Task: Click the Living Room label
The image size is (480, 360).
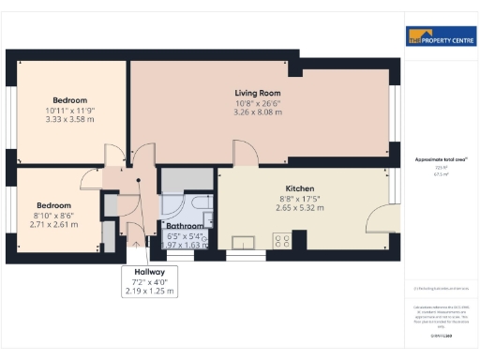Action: pyautogui.click(x=258, y=93)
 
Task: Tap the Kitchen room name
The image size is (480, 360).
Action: pyautogui.click(x=299, y=188)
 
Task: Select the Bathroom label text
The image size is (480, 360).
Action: pyautogui.click(x=185, y=226)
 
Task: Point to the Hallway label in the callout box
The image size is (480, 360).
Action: pyautogui.click(x=150, y=272)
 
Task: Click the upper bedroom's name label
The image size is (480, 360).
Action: pyautogui.click(x=69, y=100)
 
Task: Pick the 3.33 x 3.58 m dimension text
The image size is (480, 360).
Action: pyautogui.click(x=69, y=120)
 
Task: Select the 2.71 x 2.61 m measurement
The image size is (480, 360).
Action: pyautogui.click(x=52, y=225)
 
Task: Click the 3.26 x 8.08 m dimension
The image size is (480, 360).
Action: pyautogui.click(x=258, y=112)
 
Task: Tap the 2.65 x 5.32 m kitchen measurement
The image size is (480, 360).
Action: pyautogui.click(x=299, y=208)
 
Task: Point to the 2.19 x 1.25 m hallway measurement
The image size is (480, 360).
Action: pyautogui.click(x=150, y=292)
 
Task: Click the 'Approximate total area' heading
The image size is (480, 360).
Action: pyautogui.click(x=441, y=160)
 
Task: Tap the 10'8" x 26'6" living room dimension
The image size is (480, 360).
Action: pyautogui.click(x=258, y=103)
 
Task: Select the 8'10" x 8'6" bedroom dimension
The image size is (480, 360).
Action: pyautogui.click(x=52, y=216)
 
